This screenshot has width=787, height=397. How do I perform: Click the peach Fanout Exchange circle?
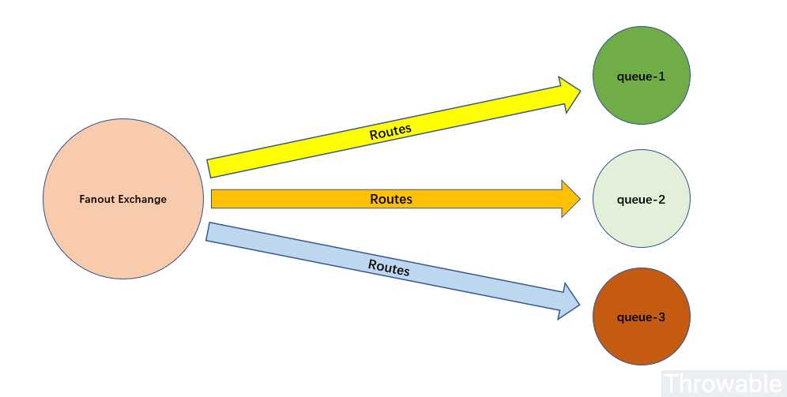click(x=123, y=199)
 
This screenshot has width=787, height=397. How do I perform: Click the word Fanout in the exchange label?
click(x=95, y=199)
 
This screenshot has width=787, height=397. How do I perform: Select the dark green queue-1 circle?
click(x=642, y=75)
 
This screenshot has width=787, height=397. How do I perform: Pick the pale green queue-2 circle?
click(x=642, y=199)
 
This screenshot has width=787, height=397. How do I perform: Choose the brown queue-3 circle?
click(x=642, y=316)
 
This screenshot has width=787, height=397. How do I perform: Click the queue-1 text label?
click(x=641, y=77)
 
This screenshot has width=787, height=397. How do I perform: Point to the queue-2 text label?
click(x=641, y=200)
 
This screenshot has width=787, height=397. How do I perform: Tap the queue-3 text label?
click(x=641, y=317)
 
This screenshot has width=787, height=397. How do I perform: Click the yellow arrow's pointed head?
click(x=580, y=92)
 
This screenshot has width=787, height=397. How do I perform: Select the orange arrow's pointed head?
click(x=580, y=199)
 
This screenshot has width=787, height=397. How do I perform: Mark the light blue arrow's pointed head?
click(x=579, y=304)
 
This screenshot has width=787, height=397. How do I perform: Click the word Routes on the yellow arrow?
click(x=390, y=132)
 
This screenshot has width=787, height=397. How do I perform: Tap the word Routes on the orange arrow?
click(x=391, y=199)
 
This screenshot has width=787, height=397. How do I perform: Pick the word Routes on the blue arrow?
click(x=389, y=268)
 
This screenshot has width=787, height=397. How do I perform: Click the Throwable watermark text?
click(x=723, y=384)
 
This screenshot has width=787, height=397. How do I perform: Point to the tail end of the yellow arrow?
click(x=209, y=169)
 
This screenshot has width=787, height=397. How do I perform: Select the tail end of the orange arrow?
click(x=212, y=199)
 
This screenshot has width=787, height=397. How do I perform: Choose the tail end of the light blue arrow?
click(x=208, y=231)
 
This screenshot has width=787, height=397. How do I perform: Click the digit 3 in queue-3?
click(x=661, y=317)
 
